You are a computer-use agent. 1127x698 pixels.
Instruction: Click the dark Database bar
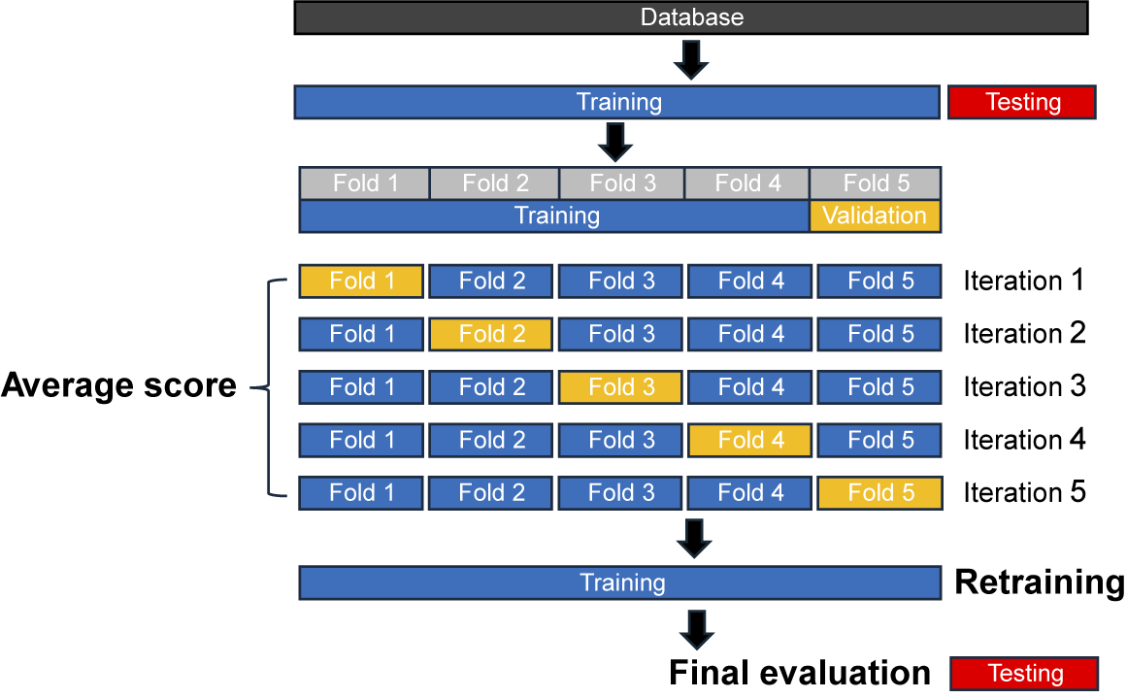tap(690, 17)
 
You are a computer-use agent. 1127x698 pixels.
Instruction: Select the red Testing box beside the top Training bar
tap(1022, 102)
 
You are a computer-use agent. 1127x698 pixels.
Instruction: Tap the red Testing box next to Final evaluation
tap(1024, 673)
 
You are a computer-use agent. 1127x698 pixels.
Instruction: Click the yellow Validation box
tap(875, 216)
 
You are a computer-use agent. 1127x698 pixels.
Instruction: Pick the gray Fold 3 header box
tap(622, 183)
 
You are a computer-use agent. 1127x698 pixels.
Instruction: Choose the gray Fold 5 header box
tap(875, 183)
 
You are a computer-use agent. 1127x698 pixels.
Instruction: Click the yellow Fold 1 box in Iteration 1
tap(361, 281)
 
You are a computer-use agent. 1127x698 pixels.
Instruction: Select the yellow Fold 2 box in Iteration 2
tap(491, 334)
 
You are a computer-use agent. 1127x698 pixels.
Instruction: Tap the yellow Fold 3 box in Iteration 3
tap(621, 386)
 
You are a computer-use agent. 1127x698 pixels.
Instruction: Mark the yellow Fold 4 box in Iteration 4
tap(750, 440)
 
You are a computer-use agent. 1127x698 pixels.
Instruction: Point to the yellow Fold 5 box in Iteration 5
tap(879, 493)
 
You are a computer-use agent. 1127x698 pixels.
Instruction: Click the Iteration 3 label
tap(1024, 386)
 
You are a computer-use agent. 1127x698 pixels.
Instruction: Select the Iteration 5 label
tap(1024, 493)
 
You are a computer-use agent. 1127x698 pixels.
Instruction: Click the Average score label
tap(118, 386)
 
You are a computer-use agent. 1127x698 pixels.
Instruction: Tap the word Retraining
tap(1040, 582)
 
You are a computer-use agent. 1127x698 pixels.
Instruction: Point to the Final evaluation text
tap(800, 673)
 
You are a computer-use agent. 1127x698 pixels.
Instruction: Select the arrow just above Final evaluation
tap(696, 628)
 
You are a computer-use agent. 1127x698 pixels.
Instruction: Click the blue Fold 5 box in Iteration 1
tap(879, 281)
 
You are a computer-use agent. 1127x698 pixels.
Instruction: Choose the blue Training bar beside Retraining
tap(621, 582)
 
